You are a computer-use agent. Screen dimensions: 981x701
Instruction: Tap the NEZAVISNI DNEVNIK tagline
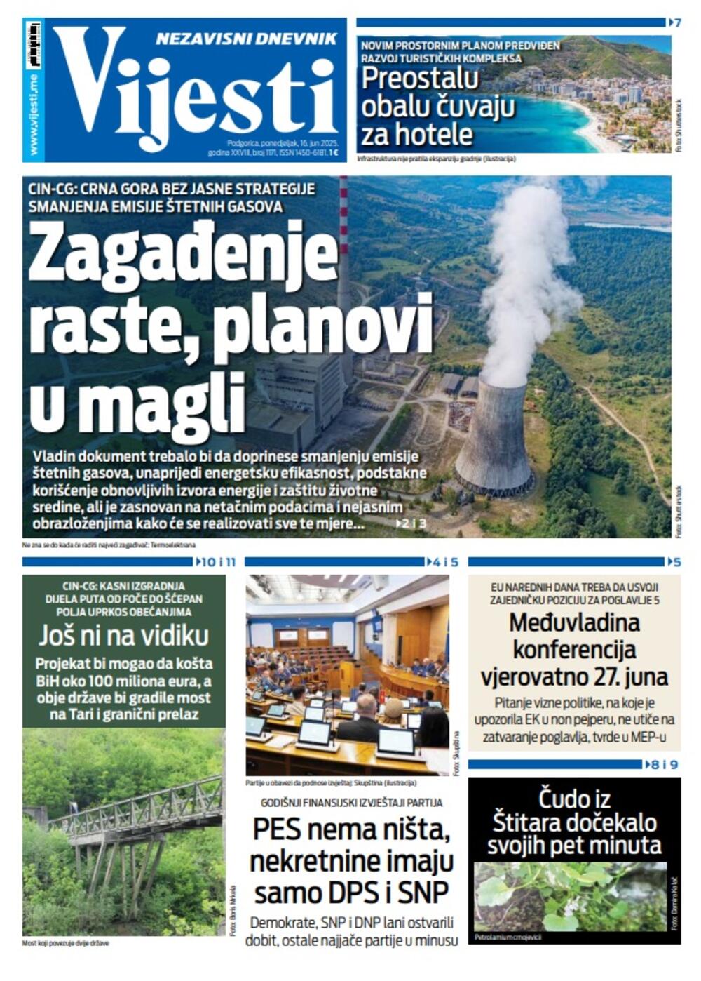[x=246, y=39]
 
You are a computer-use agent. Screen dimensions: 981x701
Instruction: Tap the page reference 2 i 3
[x=414, y=523]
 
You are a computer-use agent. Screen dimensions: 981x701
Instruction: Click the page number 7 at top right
[x=676, y=22]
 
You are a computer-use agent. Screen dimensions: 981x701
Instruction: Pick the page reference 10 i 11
[x=219, y=561]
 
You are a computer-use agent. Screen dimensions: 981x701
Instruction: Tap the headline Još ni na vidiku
[x=124, y=636]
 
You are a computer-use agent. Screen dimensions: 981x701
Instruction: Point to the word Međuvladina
[x=574, y=622]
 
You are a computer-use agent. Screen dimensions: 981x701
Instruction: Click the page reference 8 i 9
[x=665, y=764]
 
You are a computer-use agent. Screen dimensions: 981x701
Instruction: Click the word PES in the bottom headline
[x=279, y=829]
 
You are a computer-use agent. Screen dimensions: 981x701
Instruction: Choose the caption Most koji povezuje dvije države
[x=66, y=943]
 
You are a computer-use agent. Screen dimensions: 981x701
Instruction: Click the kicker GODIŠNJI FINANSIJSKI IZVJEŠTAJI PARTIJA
[x=351, y=803]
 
